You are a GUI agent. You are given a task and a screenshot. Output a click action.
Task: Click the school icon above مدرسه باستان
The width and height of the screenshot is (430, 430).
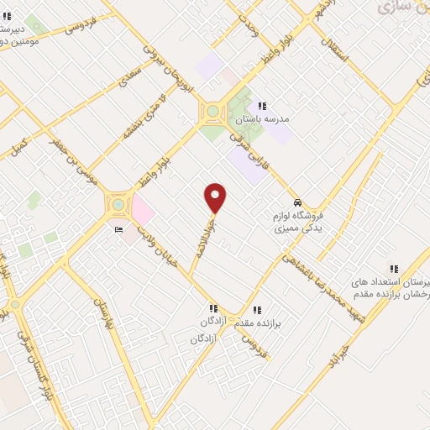tap(262, 107)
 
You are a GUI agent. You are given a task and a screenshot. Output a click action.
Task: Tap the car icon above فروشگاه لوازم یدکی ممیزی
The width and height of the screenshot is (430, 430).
tap(298, 203)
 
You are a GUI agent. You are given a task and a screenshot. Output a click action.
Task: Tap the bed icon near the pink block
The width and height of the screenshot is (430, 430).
tap(118, 229)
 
